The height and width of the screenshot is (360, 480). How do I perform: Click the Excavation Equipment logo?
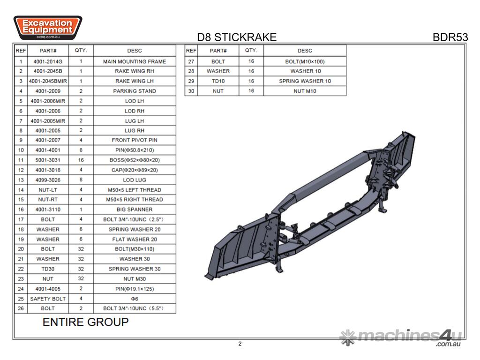pos(47,27)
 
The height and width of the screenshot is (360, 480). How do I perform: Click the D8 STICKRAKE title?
pos(237,37)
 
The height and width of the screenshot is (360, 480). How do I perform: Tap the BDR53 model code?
pos(450,37)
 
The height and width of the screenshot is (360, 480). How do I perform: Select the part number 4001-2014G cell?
pos(48,61)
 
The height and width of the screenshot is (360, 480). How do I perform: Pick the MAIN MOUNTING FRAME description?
pos(135,61)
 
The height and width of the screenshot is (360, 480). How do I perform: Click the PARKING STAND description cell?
pos(135,91)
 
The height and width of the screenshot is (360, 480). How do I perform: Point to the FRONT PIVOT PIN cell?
pos(135,140)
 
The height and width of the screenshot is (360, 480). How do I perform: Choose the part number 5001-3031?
pos(48,160)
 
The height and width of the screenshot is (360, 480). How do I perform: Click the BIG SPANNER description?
pos(135,210)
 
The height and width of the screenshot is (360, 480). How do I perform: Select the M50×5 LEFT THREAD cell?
pos(135,190)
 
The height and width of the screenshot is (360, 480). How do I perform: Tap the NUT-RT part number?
pos(48,200)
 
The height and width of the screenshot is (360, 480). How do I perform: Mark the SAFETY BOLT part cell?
pos(48,299)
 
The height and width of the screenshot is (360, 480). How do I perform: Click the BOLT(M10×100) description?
pos(305,61)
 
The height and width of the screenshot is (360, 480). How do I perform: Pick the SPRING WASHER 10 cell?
pos(305,81)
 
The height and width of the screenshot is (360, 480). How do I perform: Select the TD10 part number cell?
pos(218,81)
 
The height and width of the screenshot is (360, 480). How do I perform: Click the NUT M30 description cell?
pos(135,279)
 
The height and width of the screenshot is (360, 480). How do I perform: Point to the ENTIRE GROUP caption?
pos(85,322)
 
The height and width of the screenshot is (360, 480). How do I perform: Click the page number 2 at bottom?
pos(240,344)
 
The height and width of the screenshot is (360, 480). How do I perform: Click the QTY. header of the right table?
pos(251,51)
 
